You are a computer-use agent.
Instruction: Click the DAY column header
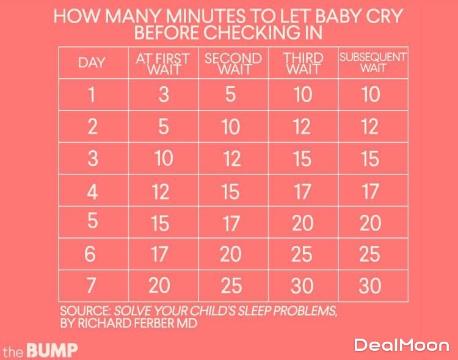tap(92, 62)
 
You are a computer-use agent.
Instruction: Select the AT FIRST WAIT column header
tap(162, 63)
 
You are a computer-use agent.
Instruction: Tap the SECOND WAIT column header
tap(233, 63)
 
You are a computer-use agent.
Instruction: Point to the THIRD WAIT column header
tap(303, 63)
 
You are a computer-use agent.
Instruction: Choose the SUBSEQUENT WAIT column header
tap(373, 62)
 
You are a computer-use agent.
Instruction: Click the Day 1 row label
tap(92, 95)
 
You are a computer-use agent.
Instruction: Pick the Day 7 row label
tap(92, 285)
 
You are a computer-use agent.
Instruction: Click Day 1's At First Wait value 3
tap(163, 95)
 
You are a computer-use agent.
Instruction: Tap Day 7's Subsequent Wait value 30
tap(370, 286)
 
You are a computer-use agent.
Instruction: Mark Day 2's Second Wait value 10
tap(231, 127)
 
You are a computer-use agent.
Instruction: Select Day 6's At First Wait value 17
tap(159, 254)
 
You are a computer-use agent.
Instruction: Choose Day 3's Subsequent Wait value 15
tap(370, 159)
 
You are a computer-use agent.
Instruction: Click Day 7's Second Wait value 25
tap(231, 286)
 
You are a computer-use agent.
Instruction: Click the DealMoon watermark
tap(401, 345)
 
